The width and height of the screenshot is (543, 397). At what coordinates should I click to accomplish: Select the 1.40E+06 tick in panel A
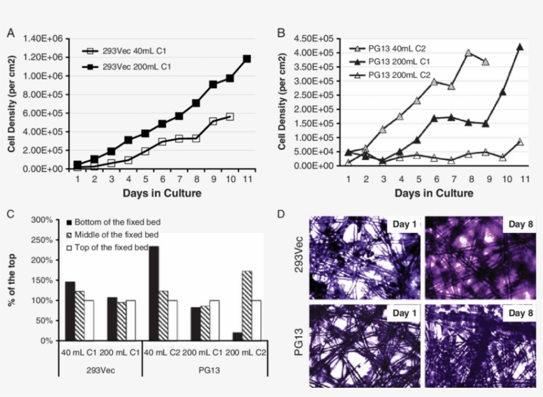[x=44, y=38]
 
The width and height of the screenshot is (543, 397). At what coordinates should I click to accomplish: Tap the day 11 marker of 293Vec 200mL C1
[x=247, y=59]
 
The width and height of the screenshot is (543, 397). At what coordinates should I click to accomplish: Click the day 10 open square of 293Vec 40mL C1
[x=230, y=117]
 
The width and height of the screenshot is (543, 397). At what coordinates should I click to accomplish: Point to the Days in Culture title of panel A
[x=162, y=193]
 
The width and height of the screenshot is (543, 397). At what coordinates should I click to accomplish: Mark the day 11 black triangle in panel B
[x=520, y=47]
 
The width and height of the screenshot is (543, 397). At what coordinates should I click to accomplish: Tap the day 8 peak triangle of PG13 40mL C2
[x=468, y=53]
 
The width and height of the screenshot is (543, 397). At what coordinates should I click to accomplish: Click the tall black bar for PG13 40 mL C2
[x=154, y=293]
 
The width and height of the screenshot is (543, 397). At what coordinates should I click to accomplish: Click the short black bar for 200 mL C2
[x=237, y=336]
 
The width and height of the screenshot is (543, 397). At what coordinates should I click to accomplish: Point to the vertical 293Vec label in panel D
[x=299, y=255]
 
